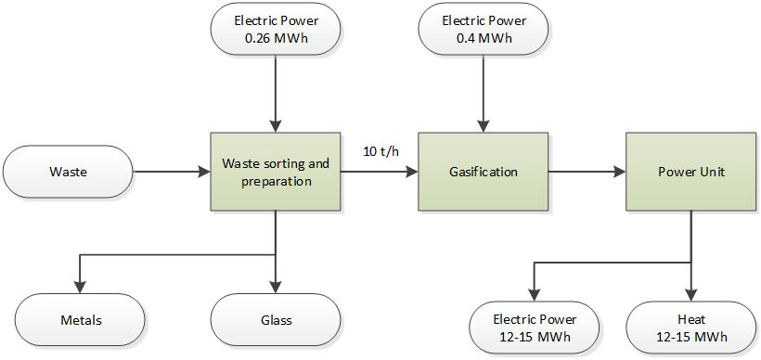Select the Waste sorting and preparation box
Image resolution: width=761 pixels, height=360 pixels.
(276, 172)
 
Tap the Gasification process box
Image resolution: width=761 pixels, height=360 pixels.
(480, 172)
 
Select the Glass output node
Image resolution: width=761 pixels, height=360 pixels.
(276, 321)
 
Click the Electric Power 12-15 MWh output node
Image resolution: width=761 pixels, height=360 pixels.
(534, 327)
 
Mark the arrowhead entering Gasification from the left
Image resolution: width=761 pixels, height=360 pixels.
(411, 172)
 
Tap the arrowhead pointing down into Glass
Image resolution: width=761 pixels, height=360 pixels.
(276, 288)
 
